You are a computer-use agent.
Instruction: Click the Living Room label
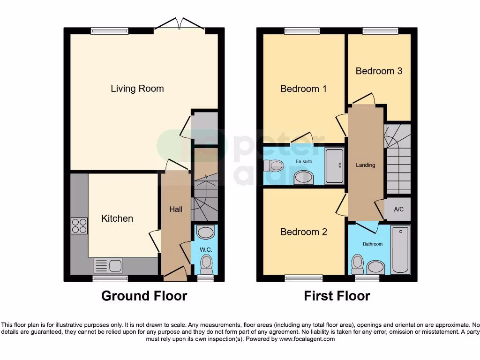(x=137, y=88)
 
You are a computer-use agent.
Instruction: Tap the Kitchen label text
(x=117, y=218)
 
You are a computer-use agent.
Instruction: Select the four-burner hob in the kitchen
(x=79, y=226)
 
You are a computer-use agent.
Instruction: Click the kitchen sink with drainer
(x=108, y=266)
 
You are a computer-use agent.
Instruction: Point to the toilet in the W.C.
(x=206, y=265)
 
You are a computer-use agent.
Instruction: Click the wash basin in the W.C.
(x=206, y=232)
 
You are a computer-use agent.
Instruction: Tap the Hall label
(x=176, y=209)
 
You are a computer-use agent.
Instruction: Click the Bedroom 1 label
(x=303, y=89)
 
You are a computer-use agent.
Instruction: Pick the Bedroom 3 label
(x=379, y=71)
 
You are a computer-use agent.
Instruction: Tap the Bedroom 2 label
(x=303, y=232)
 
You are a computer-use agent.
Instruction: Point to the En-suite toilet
(x=274, y=165)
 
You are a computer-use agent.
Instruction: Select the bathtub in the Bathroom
(x=400, y=249)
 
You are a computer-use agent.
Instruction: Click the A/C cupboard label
(x=398, y=210)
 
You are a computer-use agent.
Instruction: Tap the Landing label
(x=365, y=165)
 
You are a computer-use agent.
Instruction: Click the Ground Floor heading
(x=144, y=296)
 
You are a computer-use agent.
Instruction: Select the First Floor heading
(x=337, y=296)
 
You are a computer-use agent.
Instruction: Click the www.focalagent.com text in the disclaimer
(x=307, y=339)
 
